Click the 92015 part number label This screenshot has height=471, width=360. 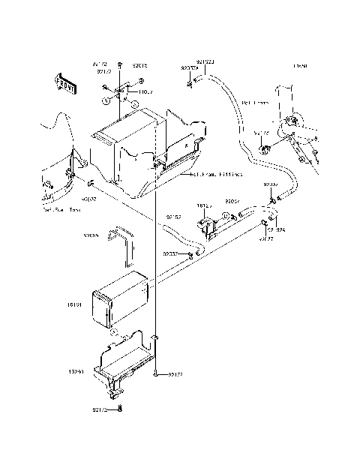click(x=141, y=65)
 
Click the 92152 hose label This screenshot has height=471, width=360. click(x=172, y=217)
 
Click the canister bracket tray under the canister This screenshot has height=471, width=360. click(x=124, y=359)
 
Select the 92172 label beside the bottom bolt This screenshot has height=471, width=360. click(x=101, y=410)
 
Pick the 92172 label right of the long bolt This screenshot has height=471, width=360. click(x=175, y=372)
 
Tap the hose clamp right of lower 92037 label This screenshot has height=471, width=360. click(x=192, y=256)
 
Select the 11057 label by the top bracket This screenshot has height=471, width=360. click(x=145, y=92)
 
